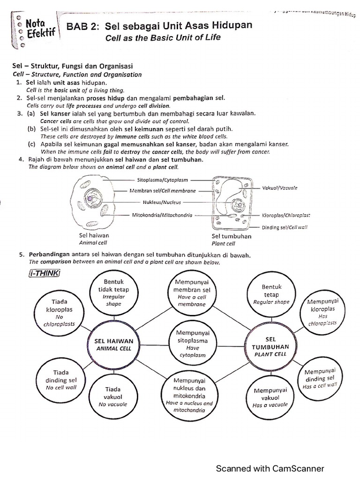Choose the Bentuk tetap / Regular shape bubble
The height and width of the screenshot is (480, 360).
(270, 293)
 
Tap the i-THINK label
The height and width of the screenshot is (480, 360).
(44, 273)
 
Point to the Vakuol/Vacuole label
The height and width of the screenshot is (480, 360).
(279, 187)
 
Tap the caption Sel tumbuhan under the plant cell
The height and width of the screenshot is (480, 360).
(232, 236)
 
